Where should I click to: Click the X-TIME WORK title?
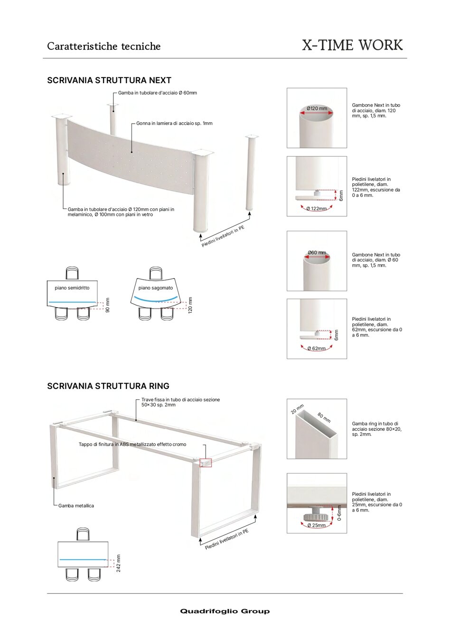pos(352,45)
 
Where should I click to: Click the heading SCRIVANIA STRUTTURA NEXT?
pos(109,80)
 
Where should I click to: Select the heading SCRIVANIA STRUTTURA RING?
pos(108,386)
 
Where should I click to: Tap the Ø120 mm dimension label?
pos(317,108)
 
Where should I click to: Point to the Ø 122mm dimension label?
pos(317,209)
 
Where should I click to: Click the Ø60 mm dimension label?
pos(317,252)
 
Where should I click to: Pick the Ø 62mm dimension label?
pos(317,348)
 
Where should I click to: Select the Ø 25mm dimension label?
pos(317,525)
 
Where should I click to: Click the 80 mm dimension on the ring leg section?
pos(324,418)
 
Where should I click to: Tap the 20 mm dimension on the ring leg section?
pos(297,409)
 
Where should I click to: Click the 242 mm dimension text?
pos(119,563)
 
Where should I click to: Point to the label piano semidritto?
pos(72,288)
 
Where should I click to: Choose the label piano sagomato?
pos(156,288)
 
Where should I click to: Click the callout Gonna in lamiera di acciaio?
pos(174,123)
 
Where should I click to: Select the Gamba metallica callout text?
pos(76,506)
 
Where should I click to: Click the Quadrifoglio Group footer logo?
pos(225,611)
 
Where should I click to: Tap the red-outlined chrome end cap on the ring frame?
pos(205,462)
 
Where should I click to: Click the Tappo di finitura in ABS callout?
pos(132,444)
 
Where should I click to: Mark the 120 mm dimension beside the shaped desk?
pos(190,305)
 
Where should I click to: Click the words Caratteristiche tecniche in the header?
pos(104,46)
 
